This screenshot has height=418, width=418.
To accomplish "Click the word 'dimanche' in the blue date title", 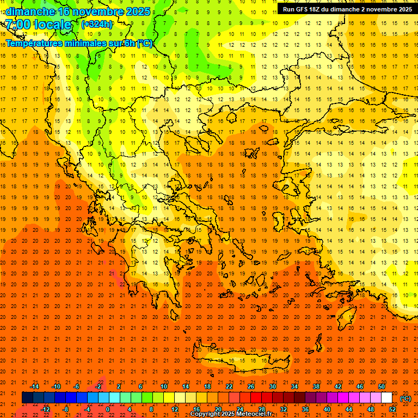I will click(30, 11).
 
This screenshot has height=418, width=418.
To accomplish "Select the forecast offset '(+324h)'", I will click(97, 24).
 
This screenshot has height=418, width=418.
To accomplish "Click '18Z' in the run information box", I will click(317, 9).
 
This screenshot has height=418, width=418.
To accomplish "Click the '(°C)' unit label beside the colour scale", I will click(405, 398).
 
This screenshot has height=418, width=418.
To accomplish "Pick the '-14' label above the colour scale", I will click(34, 386).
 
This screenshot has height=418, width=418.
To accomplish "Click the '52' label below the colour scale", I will click(392, 409).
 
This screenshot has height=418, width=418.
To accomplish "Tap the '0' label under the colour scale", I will click(107, 409).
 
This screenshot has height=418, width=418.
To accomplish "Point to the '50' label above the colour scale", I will click(382, 386).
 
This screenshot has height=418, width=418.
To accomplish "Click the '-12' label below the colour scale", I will click(45, 409).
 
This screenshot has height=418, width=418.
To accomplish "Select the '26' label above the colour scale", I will click(251, 386).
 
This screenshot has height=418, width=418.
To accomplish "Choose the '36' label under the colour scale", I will click(305, 409).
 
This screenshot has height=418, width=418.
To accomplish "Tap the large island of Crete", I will click(239, 361).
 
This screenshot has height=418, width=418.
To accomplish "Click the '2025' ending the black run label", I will click(403, 9).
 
